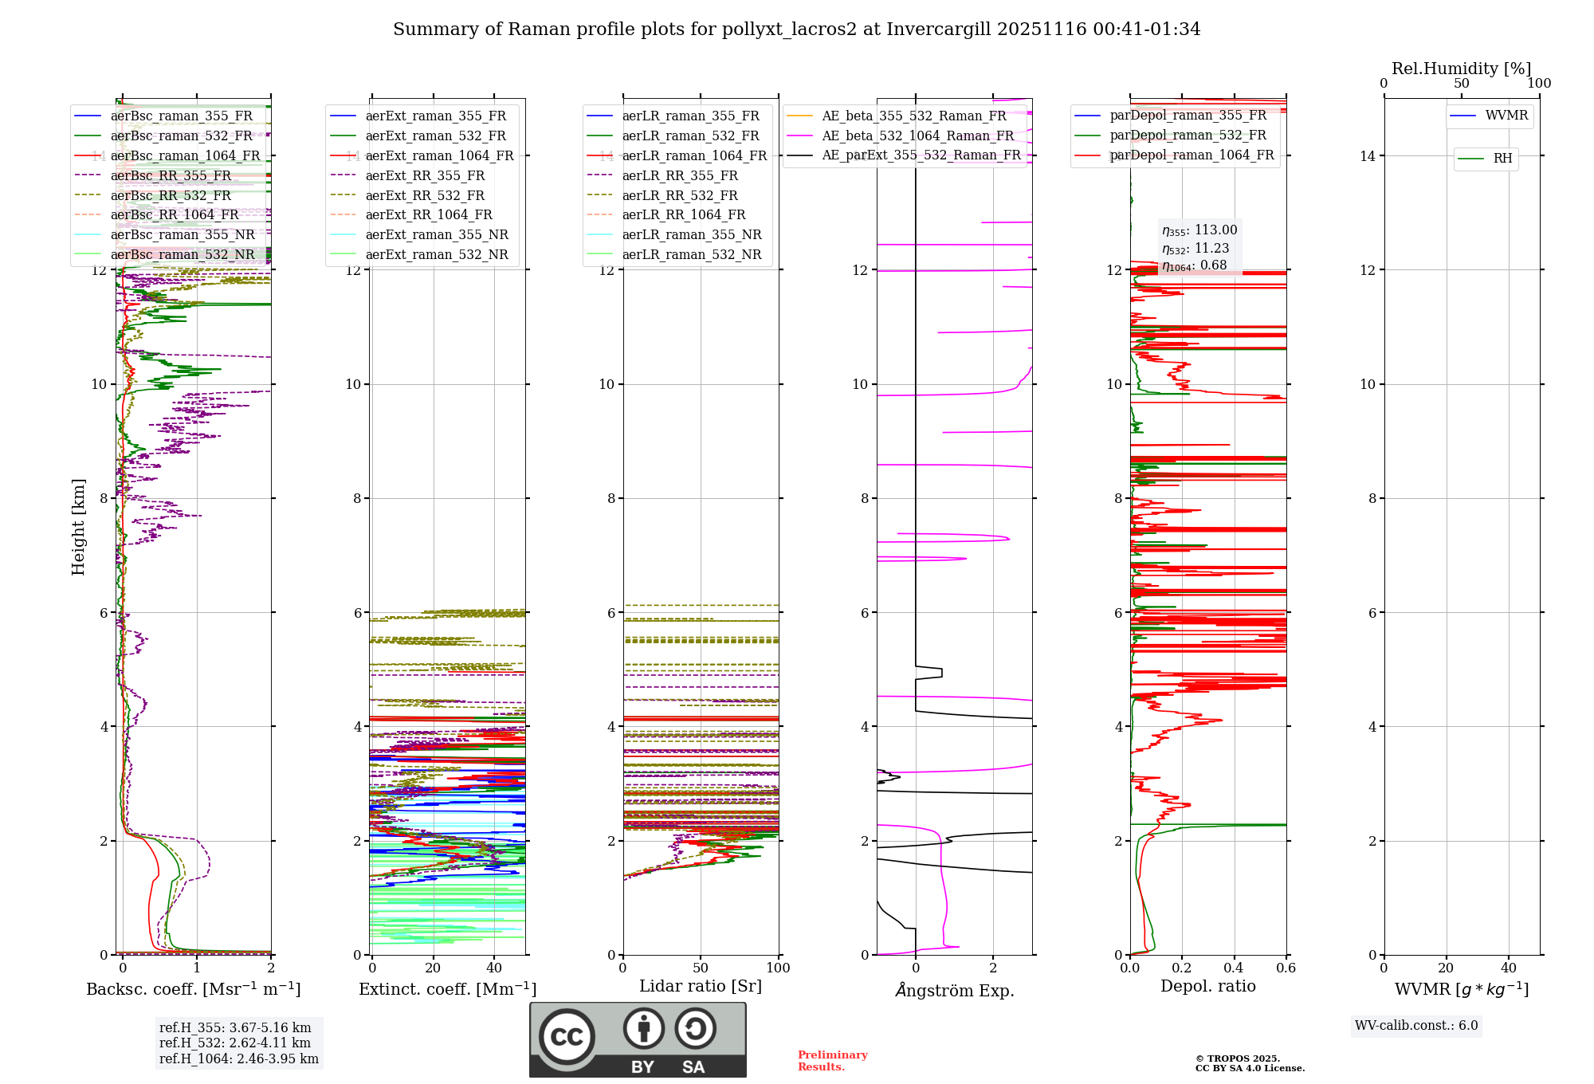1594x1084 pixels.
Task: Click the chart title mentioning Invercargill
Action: click(x=796, y=29)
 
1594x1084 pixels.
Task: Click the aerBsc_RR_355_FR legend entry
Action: click(x=171, y=175)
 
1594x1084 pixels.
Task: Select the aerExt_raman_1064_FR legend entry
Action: click(x=439, y=155)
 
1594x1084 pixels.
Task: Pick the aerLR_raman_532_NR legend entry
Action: click(x=691, y=254)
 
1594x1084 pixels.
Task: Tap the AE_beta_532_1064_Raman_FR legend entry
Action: click(x=917, y=135)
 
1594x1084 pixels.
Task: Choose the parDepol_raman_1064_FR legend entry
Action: click(x=1192, y=155)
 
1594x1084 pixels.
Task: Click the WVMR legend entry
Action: click(x=1506, y=116)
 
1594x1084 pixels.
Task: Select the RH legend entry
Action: click(x=1502, y=159)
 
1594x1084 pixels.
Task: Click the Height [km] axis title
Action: click(x=78, y=527)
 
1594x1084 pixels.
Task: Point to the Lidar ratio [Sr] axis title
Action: click(x=700, y=986)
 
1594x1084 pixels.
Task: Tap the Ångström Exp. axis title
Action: click(x=954, y=990)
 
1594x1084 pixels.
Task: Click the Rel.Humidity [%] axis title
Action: click(x=1461, y=69)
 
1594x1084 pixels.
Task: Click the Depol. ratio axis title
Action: click(x=1207, y=986)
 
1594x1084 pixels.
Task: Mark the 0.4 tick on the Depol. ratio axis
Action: click(x=1234, y=968)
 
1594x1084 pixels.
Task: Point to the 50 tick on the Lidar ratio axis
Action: click(x=701, y=968)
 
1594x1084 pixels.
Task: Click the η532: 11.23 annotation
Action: click(x=1195, y=249)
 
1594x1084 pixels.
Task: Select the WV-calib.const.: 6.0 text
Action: click(x=1416, y=1025)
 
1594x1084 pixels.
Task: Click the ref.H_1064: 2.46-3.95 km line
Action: click(x=238, y=1058)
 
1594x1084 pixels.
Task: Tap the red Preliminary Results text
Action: click(x=832, y=1060)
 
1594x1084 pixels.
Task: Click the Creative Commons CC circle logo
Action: click(x=567, y=1036)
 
